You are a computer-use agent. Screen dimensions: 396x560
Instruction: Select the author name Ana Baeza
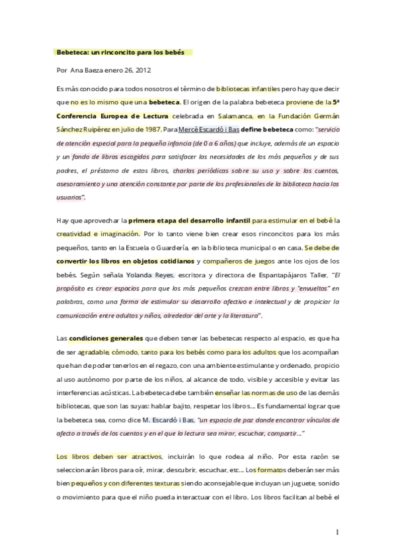click(85, 69)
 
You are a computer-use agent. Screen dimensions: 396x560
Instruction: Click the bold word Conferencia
click(79, 114)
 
